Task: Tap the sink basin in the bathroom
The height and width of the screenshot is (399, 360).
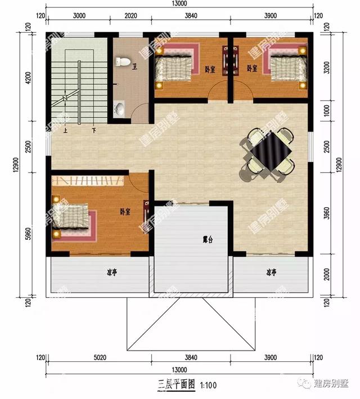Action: pos(120,108)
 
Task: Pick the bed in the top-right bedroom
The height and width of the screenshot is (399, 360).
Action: pos(287,66)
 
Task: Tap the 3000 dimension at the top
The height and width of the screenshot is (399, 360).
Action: pos(79,16)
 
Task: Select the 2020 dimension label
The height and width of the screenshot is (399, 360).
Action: pos(130,16)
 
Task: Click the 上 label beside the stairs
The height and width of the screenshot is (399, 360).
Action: pos(66,131)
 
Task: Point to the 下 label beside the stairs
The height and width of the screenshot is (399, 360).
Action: pos(93,131)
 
